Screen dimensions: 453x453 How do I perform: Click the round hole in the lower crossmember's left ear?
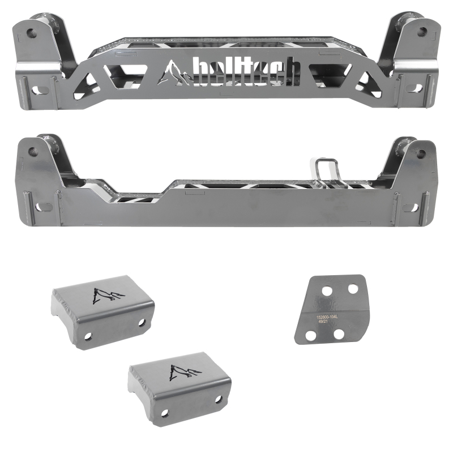coord(33,152)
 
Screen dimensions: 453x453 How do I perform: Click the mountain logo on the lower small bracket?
coord(181,372)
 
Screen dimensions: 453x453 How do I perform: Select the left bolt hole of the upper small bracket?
coord(88,336)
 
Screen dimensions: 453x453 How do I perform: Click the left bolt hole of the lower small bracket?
coord(165,413)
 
